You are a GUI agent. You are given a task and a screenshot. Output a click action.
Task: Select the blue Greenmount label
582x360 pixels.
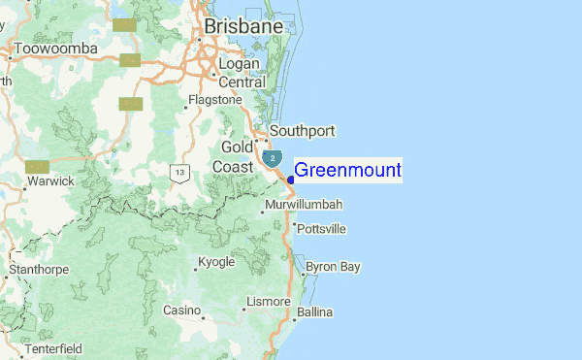[x=347, y=171]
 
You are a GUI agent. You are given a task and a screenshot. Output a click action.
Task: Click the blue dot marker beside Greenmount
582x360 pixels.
[x=291, y=179]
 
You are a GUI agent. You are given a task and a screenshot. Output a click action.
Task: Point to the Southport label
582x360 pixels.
[x=302, y=131]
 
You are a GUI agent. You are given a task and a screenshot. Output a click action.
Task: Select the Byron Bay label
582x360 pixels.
[x=333, y=266]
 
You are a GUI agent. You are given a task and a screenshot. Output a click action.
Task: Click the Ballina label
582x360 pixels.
[x=314, y=312]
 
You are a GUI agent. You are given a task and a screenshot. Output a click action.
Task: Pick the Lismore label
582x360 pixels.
[x=269, y=302]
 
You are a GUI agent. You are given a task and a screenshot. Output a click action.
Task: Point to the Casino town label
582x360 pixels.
[x=180, y=311]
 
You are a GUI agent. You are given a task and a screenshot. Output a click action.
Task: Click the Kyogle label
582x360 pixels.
[x=215, y=263]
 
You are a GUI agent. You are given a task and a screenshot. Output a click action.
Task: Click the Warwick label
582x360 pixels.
[x=51, y=181]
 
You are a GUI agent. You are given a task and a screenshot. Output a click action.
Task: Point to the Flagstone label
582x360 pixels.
[x=215, y=100]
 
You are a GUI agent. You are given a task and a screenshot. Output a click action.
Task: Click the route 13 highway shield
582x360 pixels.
[x=179, y=173]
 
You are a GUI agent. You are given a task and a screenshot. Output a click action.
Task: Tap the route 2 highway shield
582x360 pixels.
[x=274, y=157]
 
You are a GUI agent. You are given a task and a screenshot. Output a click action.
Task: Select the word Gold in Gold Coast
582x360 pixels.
[x=237, y=147]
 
